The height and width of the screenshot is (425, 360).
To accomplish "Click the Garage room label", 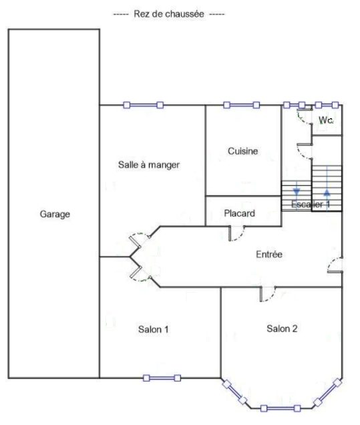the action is pos(55,214).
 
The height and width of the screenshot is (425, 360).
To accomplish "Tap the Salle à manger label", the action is pos(149,165).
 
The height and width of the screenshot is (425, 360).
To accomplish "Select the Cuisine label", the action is pos(242,151).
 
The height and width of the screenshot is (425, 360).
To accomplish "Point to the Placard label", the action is pos(240,213).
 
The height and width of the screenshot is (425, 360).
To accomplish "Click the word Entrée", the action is pos(269,254).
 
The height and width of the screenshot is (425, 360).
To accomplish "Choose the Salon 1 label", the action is pos(154,329).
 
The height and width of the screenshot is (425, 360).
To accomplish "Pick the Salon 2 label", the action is pos(282,329).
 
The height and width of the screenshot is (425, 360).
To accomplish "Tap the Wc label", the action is pos(325,120).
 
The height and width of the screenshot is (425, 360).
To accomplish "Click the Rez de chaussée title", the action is pos(169,14).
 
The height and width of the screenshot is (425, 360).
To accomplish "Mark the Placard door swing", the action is pos(236,233).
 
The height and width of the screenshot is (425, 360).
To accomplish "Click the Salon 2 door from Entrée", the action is pos(268,294).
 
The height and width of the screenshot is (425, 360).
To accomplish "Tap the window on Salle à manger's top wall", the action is pos(144,105).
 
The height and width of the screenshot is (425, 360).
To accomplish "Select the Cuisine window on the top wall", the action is pos(242,105).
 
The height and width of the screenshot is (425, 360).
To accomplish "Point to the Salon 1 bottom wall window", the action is pos(162,378).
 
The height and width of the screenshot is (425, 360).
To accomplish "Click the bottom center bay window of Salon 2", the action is pos(281,408).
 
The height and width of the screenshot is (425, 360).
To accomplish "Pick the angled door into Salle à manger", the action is pos(140,241).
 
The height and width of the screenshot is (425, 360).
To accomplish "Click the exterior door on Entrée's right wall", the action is pos(335,265).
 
